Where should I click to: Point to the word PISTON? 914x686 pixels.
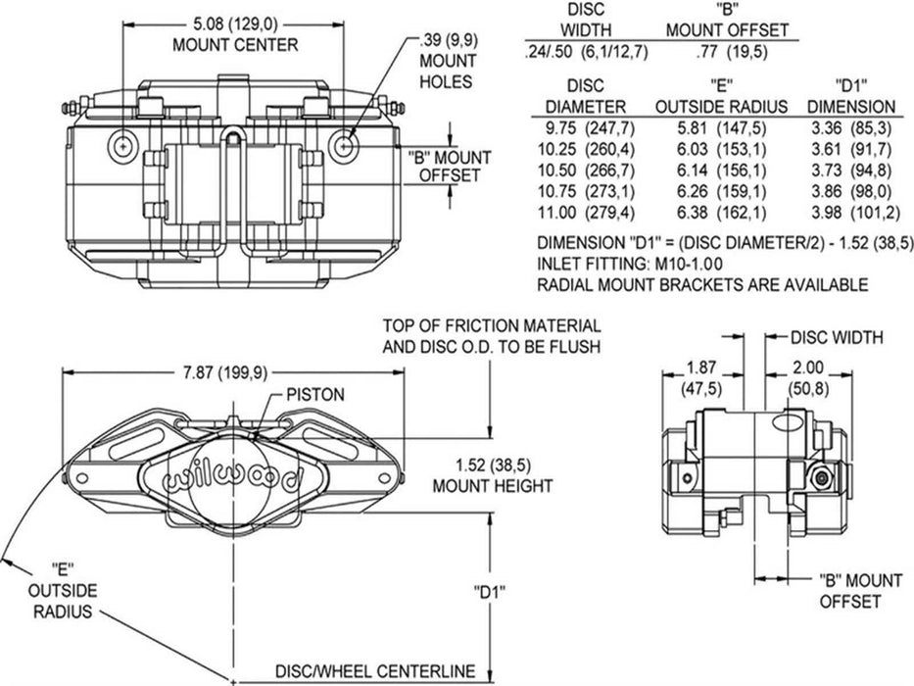click(x=314, y=395)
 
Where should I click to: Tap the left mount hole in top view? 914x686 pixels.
click(x=122, y=145)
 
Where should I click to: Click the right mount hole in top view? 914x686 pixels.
click(x=343, y=145)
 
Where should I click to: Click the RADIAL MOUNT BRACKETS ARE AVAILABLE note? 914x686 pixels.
click(x=702, y=285)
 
